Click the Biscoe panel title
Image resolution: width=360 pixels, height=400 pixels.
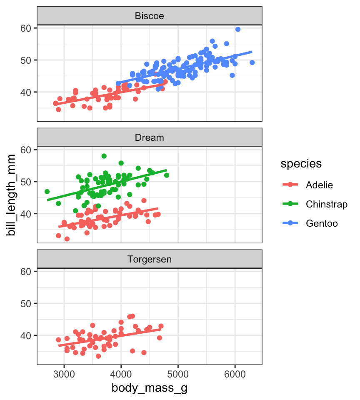(x=150, y=16)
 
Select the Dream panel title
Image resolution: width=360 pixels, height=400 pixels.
(x=150, y=137)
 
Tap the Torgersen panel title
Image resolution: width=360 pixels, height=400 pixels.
(x=150, y=259)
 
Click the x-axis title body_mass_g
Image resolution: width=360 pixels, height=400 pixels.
(x=149, y=388)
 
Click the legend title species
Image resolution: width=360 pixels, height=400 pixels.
(x=301, y=164)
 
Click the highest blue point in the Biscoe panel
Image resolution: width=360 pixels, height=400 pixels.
(x=238, y=29)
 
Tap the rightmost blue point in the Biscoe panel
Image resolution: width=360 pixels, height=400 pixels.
(x=252, y=62)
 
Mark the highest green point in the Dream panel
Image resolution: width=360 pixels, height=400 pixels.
(x=104, y=156)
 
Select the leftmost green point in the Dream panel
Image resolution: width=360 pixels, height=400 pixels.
(x=47, y=192)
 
